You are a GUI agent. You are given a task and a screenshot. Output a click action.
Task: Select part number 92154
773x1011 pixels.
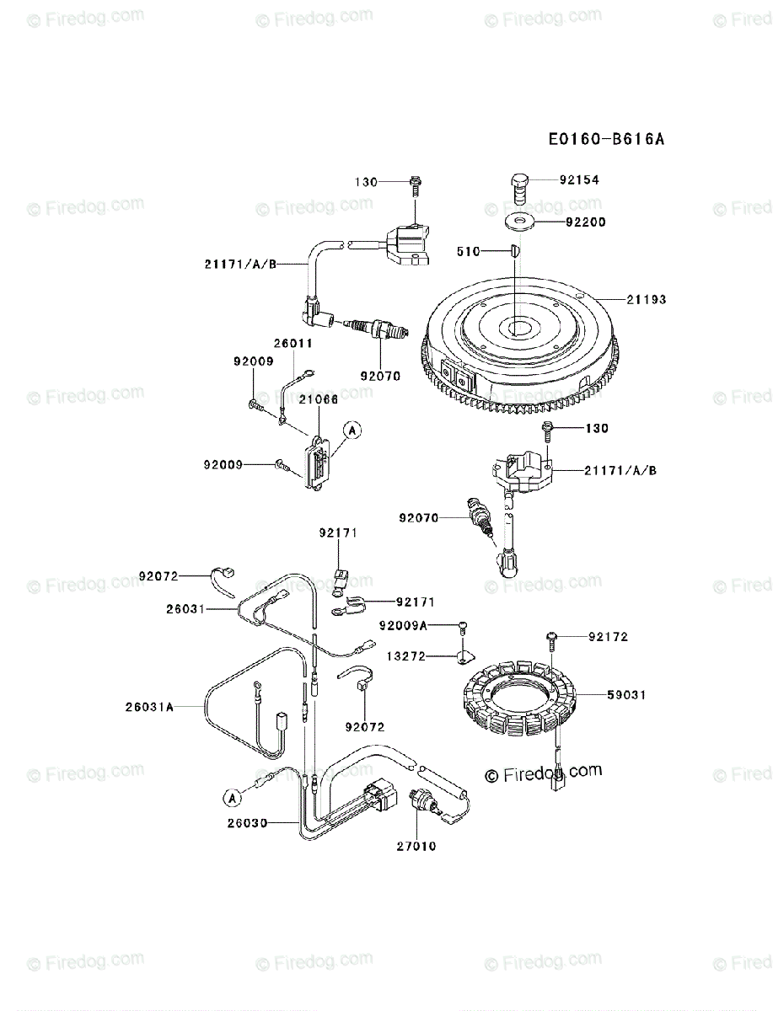tap(582, 180)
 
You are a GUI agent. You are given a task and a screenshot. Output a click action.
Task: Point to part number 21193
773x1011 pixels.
tap(646, 299)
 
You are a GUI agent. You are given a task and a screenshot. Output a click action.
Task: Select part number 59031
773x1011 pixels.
tap(625, 695)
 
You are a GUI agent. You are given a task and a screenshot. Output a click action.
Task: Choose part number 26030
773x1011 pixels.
tap(248, 822)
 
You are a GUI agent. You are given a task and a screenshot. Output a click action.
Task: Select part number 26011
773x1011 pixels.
tap(293, 344)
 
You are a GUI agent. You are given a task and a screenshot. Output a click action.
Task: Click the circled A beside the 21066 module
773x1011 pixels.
tap(352, 431)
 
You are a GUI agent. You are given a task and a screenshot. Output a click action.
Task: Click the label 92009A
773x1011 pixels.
tap(403, 625)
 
